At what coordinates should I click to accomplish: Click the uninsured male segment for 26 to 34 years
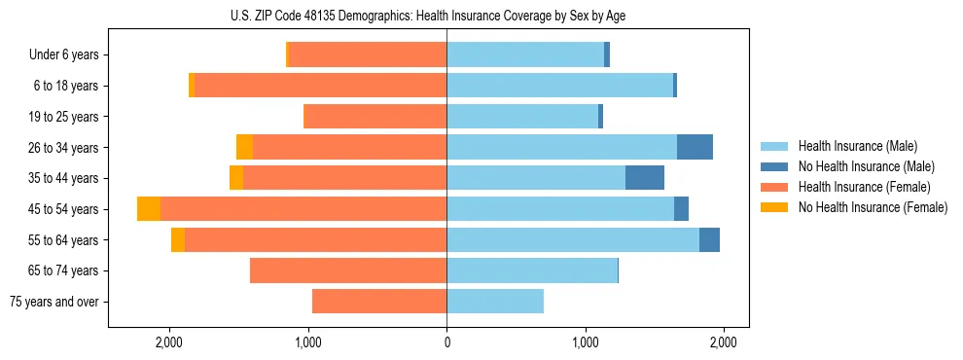(695, 147)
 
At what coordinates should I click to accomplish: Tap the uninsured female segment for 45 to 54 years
(149, 208)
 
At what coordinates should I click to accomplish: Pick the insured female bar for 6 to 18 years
(320, 86)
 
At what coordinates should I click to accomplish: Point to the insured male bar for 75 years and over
(494, 302)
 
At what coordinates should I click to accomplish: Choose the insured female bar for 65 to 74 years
(348, 270)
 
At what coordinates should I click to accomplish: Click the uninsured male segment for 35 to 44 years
(644, 178)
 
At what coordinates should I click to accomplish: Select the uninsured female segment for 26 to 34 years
(244, 147)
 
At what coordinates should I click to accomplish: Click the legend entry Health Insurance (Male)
(857, 146)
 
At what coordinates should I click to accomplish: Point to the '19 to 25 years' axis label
(66, 117)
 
